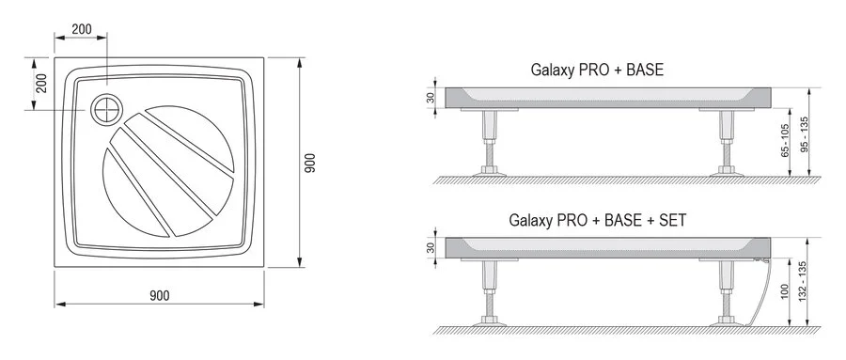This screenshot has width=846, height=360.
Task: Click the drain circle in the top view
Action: (x=107, y=110)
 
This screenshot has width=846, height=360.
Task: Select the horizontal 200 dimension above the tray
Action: (x=82, y=29)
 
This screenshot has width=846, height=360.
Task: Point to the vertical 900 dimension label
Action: (x=311, y=165)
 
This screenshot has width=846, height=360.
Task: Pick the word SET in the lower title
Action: (x=672, y=221)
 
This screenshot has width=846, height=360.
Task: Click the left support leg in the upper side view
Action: (x=489, y=141)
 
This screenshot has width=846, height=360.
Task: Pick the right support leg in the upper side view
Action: (x=726, y=141)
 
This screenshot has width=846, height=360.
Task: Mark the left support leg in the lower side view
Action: (x=489, y=292)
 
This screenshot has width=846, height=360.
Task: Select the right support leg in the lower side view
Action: (x=726, y=292)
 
